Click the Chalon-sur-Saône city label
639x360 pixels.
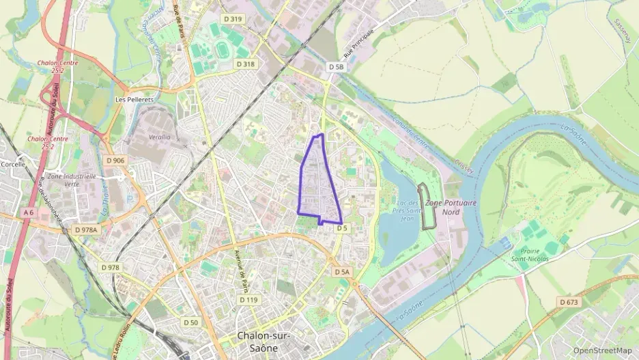[264, 341]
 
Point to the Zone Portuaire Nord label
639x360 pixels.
[451, 208]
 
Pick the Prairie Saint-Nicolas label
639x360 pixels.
[529, 255]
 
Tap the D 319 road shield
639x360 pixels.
[233, 19]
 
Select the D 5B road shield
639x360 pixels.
[335, 67]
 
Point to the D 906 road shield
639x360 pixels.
[115, 161]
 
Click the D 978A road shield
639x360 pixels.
[87, 230]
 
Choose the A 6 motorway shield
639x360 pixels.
[28, 213]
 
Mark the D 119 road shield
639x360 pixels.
[248, 300]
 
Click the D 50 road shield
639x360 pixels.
[190, 322]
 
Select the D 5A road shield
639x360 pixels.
[342, 272]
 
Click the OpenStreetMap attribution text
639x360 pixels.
[602, 351]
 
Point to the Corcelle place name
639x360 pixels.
[12, 165]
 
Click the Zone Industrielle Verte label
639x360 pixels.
[63, 180]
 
